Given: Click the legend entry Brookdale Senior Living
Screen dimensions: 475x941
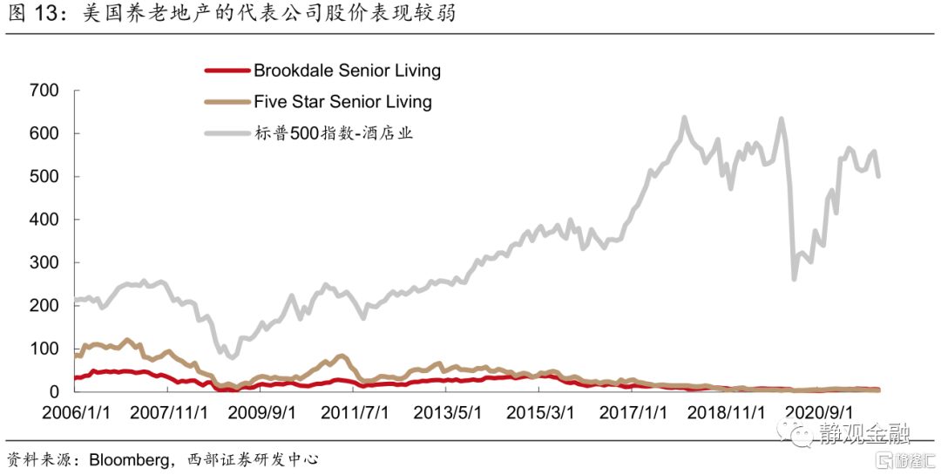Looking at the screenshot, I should tap(347, 71).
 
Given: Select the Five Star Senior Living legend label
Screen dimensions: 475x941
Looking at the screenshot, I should tap(342, 101).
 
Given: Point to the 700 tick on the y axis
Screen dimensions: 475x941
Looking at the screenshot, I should tap(43, 91).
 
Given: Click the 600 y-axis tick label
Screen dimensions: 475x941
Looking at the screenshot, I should tap(43, 133).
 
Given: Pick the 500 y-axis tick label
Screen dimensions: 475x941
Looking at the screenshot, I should tap(43, 177).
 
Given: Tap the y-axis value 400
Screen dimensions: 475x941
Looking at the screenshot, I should tap(43, 220).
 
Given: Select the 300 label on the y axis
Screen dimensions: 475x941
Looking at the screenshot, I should tap(43, 262).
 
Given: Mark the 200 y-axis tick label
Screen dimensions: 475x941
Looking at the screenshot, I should tap(43, 306).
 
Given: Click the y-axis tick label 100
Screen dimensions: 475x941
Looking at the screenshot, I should tap(43, 349).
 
